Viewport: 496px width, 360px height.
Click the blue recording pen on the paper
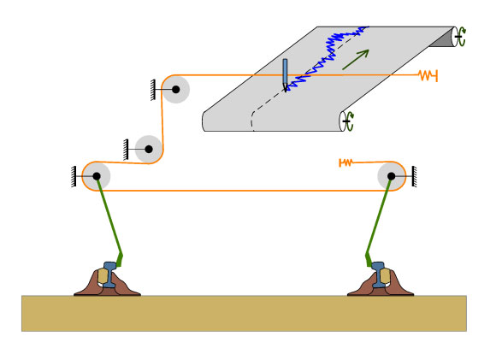click(285, 74)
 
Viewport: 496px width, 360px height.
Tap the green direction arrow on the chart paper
click(355, 59)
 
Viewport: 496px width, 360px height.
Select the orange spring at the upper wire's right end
click(428, 75)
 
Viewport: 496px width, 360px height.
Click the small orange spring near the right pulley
click(346, 162)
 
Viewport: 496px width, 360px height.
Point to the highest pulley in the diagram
click(176, 89)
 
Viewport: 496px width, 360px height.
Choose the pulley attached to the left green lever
click(97, 176)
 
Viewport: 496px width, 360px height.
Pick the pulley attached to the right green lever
click(392, 176)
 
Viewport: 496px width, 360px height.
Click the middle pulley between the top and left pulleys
click(149, 149)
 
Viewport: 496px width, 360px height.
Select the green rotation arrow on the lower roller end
click(347, 121)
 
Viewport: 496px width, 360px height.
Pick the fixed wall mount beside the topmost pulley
click(154, 89)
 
